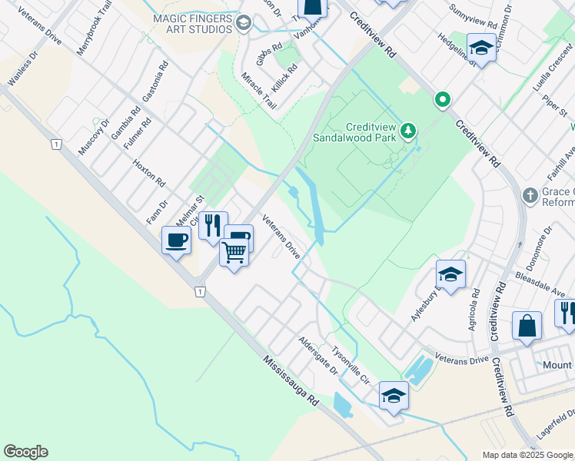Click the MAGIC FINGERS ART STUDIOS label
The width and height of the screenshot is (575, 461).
(192, 23)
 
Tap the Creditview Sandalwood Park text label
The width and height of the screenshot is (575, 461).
(359, 132)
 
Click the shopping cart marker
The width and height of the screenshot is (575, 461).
(234, 251)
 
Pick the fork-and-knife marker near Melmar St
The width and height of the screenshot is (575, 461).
(213, 225)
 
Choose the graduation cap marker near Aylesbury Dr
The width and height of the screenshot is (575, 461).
(450, 274)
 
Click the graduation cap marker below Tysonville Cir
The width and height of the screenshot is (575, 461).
(394, 396)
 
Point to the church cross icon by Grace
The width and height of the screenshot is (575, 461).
(530, 195)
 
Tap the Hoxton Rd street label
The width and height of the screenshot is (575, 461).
(149, 174)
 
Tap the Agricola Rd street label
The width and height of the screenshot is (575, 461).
(474, 310)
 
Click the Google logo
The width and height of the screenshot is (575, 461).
(25, 452)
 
